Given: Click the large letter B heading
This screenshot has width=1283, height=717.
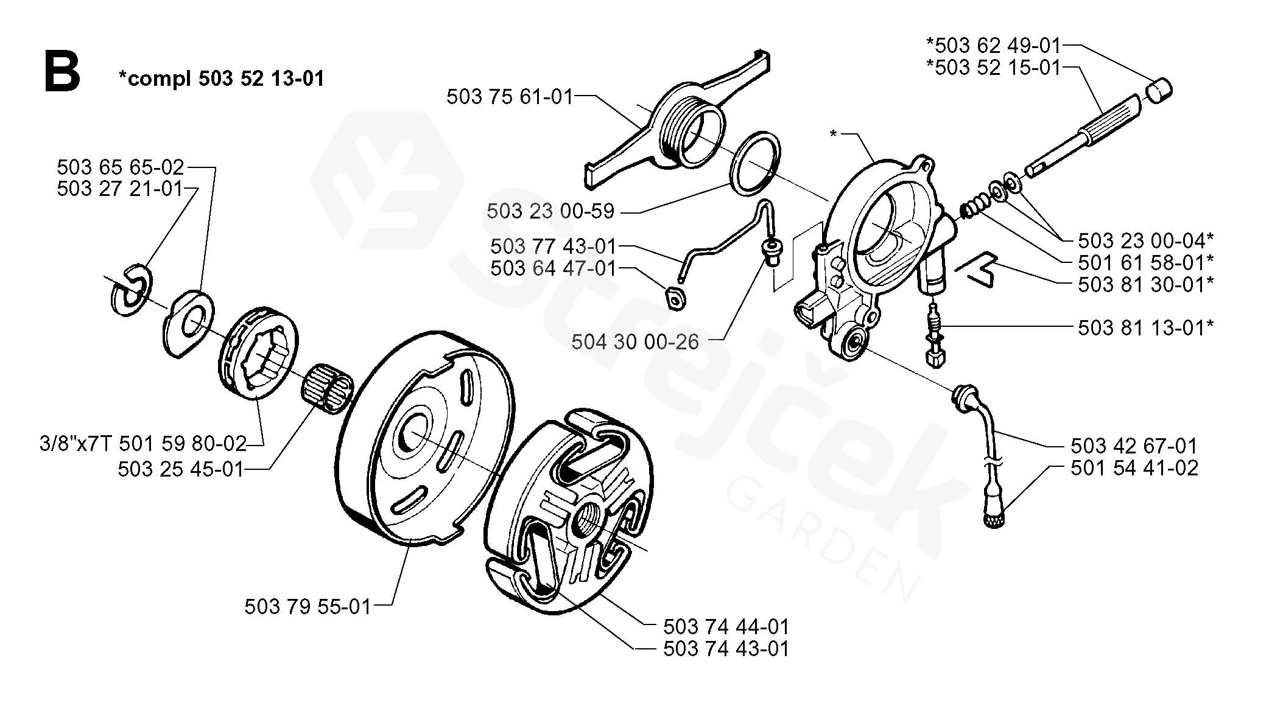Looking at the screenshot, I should coord(62,72).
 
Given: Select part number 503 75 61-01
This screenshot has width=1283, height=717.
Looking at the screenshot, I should coord(510,97).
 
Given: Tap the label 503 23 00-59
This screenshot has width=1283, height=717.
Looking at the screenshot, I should coord(550,212).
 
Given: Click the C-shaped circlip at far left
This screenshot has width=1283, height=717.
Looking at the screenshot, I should coord(130,290).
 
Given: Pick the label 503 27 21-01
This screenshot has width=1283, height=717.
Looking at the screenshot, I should coord(120,189).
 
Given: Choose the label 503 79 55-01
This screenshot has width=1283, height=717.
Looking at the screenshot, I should coord(308,607).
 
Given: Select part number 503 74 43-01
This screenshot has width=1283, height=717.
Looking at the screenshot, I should coord(726,649).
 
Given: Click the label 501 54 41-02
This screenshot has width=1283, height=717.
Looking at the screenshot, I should coord(1134,468).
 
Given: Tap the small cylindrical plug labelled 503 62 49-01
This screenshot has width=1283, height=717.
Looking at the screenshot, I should coord(1159,91).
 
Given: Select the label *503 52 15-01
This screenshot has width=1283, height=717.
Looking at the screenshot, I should coord(994,68).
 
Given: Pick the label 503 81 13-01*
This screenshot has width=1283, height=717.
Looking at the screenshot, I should coord(1145,328).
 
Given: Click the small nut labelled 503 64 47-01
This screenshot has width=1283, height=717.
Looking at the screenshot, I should coord(675,298).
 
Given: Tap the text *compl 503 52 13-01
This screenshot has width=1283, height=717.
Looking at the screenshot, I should coord(221,79).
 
